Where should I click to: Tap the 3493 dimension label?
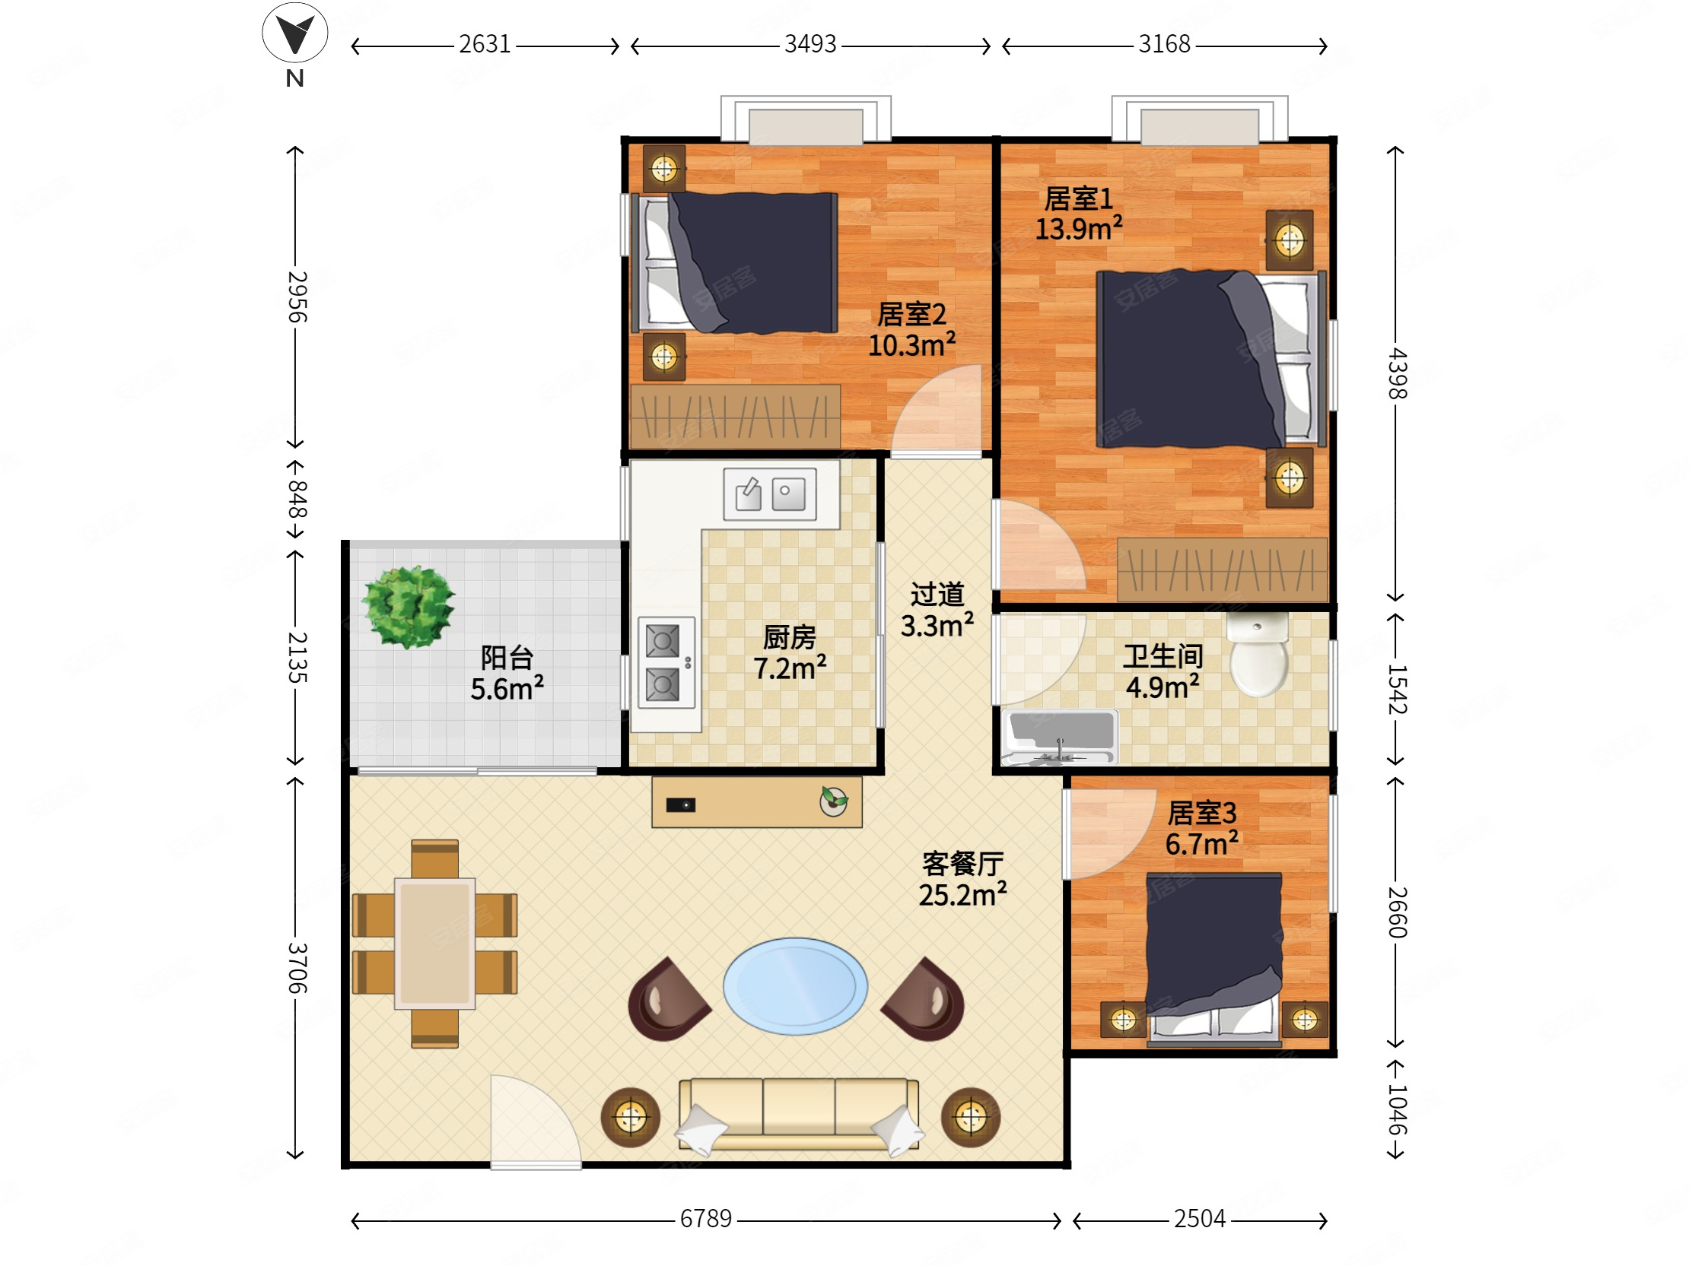[810, 44]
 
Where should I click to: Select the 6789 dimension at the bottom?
[705, 1219]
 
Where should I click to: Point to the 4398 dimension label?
[1397, 373]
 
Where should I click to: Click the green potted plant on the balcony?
[409, 608]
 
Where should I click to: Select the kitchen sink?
[770, 494]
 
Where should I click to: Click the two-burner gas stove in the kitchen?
[666, 662]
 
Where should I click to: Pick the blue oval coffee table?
[795, 986]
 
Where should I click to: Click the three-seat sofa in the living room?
[798, 1115]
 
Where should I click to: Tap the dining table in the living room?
[434, 944]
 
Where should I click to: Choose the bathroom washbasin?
[1059, 737]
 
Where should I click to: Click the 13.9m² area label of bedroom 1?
[1078, 228]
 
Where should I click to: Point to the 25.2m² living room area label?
[962, 894]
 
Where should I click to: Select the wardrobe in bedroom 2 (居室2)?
[735, 417]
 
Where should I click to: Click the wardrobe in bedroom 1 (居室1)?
[1222, 570]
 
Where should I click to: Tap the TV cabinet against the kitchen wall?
[757, 802]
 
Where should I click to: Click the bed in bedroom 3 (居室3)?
[1213, 959]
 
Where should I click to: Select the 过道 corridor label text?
[937, 595]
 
